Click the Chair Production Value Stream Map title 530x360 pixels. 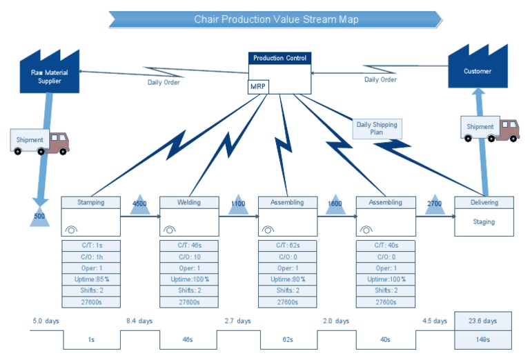pos(276,19)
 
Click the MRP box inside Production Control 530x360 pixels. pos(258,87)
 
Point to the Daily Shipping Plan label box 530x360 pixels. pos(377,128)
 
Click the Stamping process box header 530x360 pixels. pos(91,203)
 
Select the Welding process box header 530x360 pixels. pos(189,203)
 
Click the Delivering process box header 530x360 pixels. pos(484,203)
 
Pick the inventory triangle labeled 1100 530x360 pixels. pos(238,205)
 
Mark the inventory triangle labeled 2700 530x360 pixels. pos(435,205)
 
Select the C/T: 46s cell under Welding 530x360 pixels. pos(189,245)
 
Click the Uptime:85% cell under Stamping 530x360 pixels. pos(91,279)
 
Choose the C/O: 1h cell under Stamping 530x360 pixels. pos(91,257)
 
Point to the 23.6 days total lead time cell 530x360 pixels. pos(483,321)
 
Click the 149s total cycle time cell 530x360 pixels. pos(483,339)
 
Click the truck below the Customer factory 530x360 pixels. pos(490,128)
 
